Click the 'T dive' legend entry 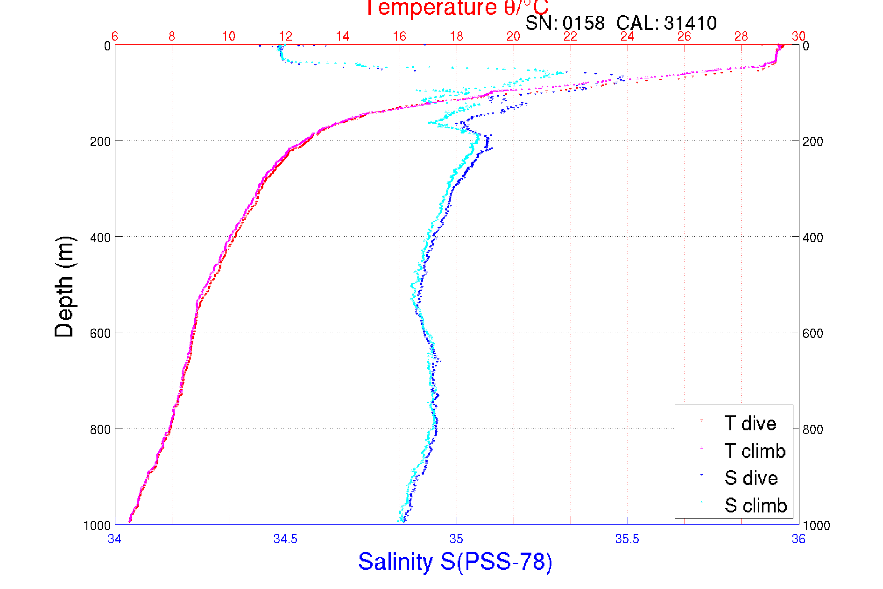click(750, 423)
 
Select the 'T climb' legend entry click(755, 451)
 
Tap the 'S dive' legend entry click(751, 478)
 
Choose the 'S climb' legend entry click(756, 505)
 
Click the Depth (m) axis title click(64, 287)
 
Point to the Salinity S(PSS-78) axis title click(455, 561)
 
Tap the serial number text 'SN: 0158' click(565, 23)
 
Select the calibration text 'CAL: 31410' click(666, 23)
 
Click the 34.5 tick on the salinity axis click(285, 539)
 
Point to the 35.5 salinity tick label click(627, 539)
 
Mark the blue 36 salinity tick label click(798, 539)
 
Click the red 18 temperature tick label click(456, 36)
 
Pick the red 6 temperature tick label click(115, 36)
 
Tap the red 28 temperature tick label click(741, 36)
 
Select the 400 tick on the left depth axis click(100, 238)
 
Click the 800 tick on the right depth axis click(812, 429)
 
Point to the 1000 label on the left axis click(97, 526)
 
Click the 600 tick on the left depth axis click(100, 333)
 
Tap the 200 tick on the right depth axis click(812, 141)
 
